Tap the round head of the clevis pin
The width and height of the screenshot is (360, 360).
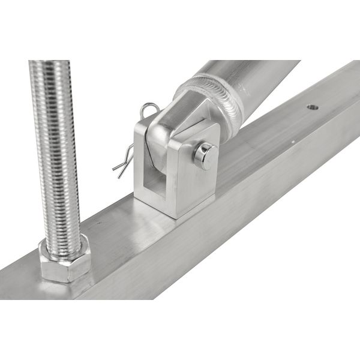[x=205, y=156]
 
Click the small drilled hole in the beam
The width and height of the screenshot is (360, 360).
[x=311, y=108]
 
